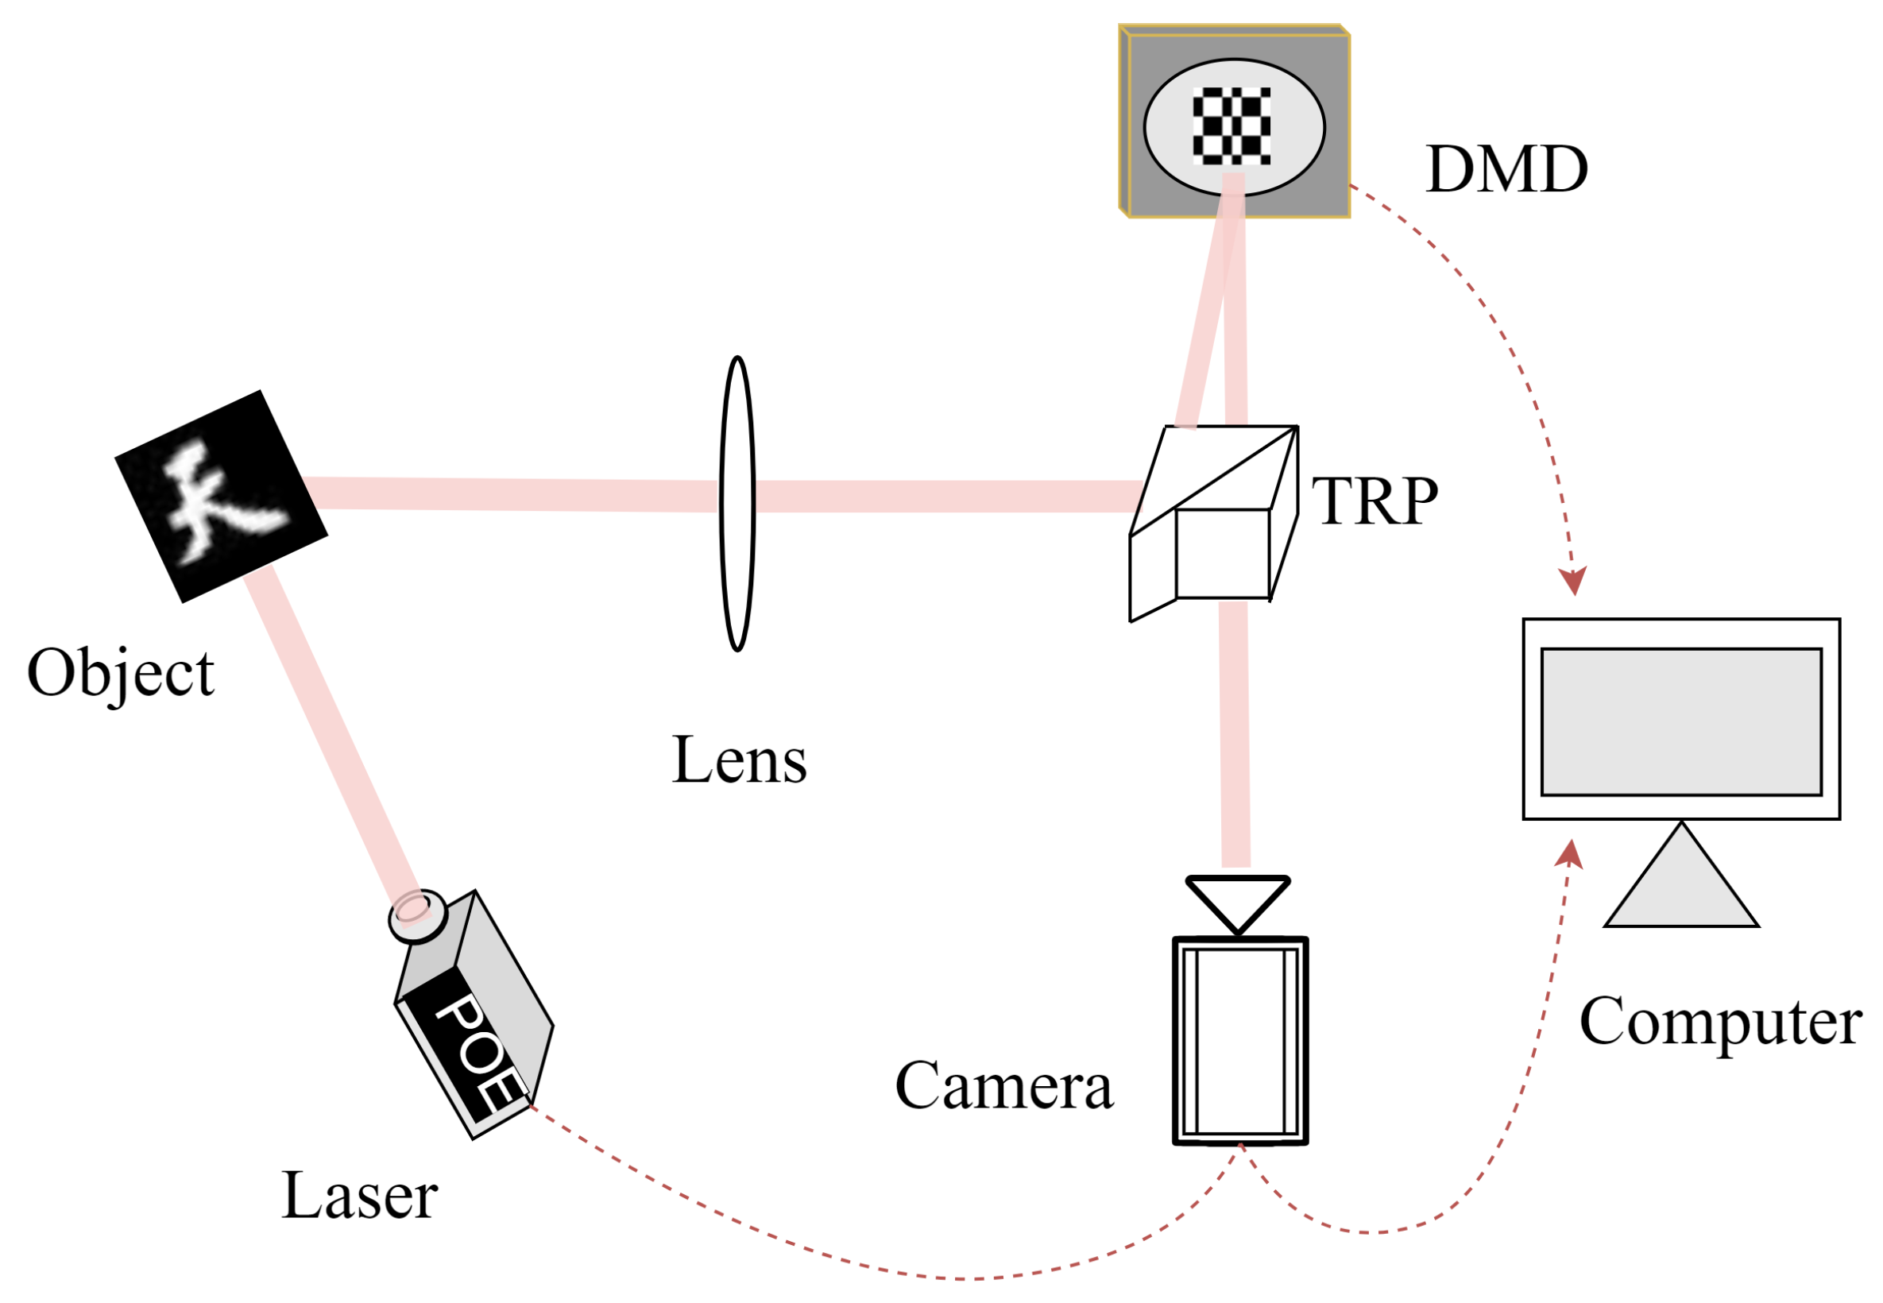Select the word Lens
pyautogui.click(x=739, y=760)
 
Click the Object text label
pyautogui.click(x=121, y=674)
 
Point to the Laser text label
pyautogui.click(x=359, y=1195)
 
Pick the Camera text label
pyautogui.click(x=1003, y=1086)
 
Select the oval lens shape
pyautogui.click(x=737, y=504)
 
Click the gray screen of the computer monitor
pyautogui.click(x=1680, y=721)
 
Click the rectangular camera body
pyautogui.click(x=1239, y=1040)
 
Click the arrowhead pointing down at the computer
pyautogui.click(x=1572, y=581)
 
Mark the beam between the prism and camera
pyautogui.click(x=1233, y=735)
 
